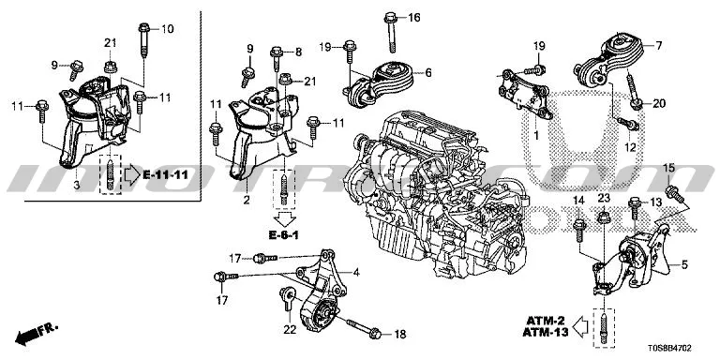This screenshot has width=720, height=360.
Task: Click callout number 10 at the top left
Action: (168, 30)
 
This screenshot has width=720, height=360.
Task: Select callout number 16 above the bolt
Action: (414, 18)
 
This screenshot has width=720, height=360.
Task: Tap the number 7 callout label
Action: (657, 45)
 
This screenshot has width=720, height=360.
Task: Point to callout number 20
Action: (658, 102)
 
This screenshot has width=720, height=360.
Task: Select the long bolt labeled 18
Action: (362, 329)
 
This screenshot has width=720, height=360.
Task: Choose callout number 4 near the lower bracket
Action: (356, 273)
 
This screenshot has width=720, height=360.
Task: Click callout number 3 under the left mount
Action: (77, 187)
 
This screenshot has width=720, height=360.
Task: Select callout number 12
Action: (630, 148)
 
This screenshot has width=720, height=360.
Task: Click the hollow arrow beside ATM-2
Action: (582, 326)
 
